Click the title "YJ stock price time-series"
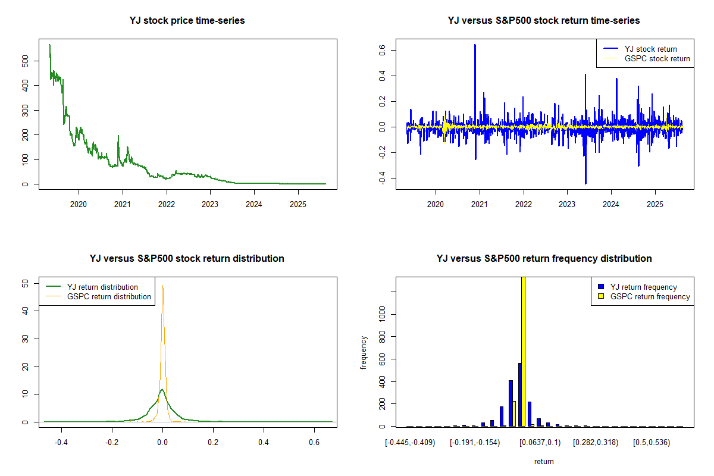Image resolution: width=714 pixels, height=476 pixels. (187, 21)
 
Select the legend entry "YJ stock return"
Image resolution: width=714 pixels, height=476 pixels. (650, 49)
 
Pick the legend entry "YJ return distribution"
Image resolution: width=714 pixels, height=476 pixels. (102, 287)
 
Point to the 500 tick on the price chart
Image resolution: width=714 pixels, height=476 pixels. (24, 61)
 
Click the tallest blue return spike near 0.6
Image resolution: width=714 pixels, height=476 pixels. (475, 45)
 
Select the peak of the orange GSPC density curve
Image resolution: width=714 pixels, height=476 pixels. (162, 286)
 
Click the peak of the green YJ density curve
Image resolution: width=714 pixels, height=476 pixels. (162, 390)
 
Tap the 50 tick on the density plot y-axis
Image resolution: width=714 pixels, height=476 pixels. (24, 283)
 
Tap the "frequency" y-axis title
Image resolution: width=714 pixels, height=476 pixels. (364, 352)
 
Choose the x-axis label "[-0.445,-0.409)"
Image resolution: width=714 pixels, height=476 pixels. (410, 443)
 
